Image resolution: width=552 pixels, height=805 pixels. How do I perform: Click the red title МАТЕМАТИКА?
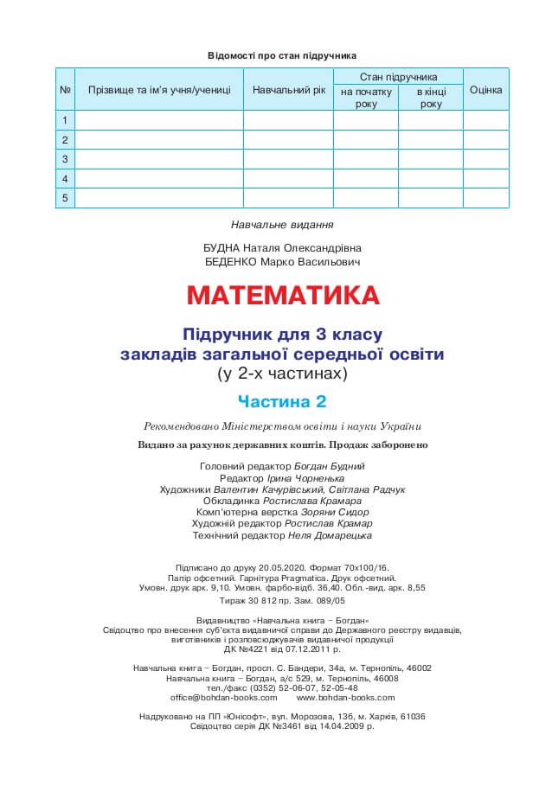click(x=283, y=296)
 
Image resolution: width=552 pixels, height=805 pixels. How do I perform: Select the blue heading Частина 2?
click(x=282, y=401)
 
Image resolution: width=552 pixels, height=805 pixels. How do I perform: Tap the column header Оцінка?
click(x=485, y=90)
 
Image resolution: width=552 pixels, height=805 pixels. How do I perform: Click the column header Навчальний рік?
click(x=289, y=90)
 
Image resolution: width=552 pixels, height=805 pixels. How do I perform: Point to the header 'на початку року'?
click(x=366, y=98)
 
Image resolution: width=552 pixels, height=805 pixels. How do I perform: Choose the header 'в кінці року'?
click(x=431, y=98)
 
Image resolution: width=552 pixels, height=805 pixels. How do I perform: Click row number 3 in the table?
click(x=65, y=159)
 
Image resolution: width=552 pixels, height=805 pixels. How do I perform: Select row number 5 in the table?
click(x=65, y=198)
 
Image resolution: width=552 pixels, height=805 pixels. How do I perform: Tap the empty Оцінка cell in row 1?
click(x=485, y=120)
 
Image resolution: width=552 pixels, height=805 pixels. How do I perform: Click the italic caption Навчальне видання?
click(x=282, y=225)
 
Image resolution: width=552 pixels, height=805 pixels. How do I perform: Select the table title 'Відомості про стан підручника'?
click(x=282, y=55)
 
